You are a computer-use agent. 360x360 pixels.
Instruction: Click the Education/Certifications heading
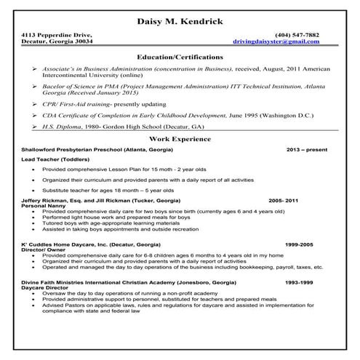(180, 56)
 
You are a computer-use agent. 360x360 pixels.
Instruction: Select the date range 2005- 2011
(284, 199)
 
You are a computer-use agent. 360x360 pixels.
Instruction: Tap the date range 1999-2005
(299, 245)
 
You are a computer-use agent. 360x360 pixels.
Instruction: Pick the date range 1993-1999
(299, 281)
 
